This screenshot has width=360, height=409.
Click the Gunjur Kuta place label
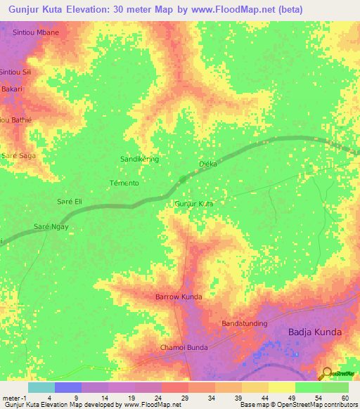[x=193, y=203]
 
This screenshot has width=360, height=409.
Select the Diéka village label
[x=207, y=164]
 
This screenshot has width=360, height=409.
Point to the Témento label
[x=124, y=183]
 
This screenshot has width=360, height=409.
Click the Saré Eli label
[x=70, y=202]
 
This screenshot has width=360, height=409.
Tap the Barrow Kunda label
[x=179, y=297]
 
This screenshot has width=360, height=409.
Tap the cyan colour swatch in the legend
[x=41, y=387]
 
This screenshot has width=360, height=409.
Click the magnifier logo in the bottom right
[x=327, y=372]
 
